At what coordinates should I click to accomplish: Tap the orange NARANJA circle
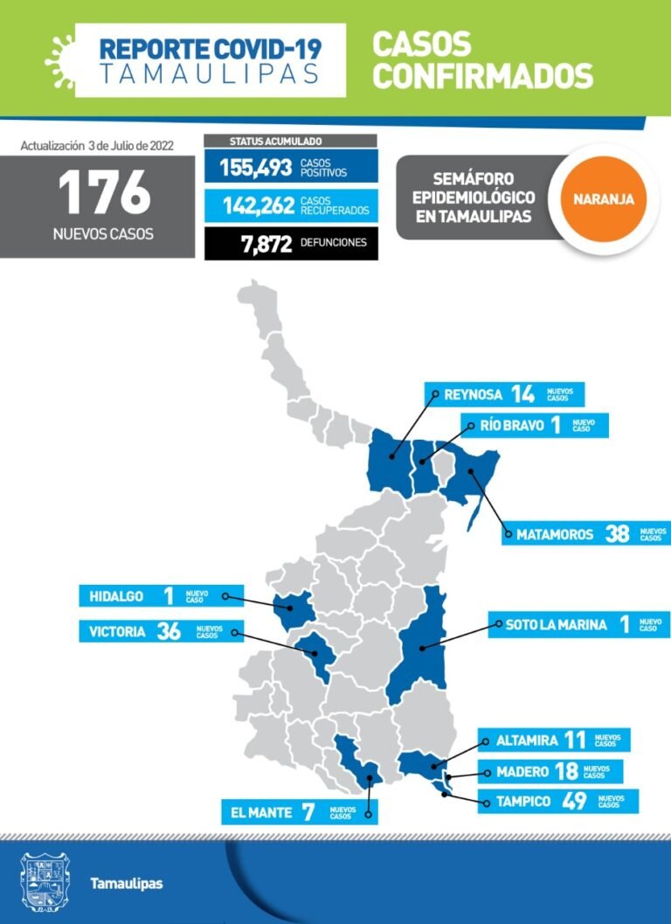point(604,198)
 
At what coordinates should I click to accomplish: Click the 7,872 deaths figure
point(266,244)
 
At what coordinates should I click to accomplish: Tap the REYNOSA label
point(472,394)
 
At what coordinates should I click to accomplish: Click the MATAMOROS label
point(554,534)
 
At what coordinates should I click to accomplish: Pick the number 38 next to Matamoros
point(617,534)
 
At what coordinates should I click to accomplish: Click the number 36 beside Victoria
point(168,631)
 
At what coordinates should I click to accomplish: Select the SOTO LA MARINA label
point(556,624)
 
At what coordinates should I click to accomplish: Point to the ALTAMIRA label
point(526,740)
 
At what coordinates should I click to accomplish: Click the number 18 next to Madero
point(565,771)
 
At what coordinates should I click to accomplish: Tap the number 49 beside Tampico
point(573,801)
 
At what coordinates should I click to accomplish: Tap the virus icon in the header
point(59,54)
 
